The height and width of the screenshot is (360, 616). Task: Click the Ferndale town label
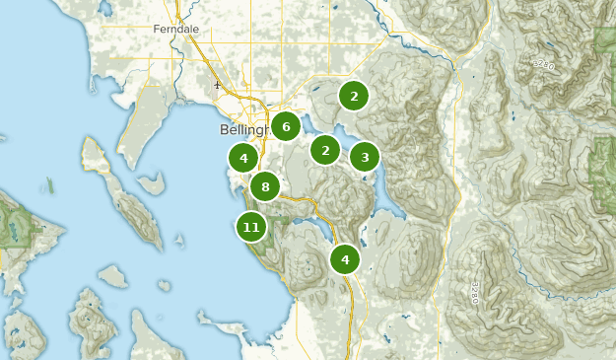(x=175, y=30)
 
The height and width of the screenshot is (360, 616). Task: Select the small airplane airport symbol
(x=217, y=85)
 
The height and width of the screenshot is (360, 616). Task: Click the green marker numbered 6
(x=286, y=126)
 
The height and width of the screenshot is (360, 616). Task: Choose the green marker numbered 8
(x=265, y=185)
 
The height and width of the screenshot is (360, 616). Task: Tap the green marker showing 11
(x=251, y=227)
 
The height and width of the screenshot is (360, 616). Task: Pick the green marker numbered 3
(x=365, y=156)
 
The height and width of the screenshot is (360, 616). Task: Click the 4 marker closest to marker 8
(x=243, y=157)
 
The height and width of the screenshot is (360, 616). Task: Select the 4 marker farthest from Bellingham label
(x=345, y=259)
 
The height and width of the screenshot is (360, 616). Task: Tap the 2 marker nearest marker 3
(x=325, y=150)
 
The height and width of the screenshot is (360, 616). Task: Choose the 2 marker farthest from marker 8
(x=354, y=96)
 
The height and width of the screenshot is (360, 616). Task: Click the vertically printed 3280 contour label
(x=474, y=293)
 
